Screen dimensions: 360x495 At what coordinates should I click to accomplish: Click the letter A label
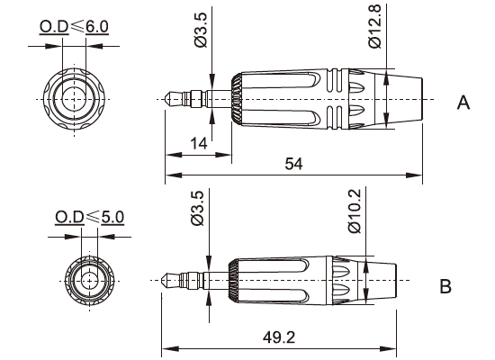(x=464, y=103)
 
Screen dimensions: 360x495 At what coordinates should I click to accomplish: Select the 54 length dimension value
(x=293, y=163)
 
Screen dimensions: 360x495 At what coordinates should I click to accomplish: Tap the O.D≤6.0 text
(x=74, y=28)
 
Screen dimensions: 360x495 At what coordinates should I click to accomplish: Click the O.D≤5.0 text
(x=89, y=217)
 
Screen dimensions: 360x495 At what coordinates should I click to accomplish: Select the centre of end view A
(x=74, y=96)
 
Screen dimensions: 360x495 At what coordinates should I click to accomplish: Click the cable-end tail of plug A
(x=404, y=96)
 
